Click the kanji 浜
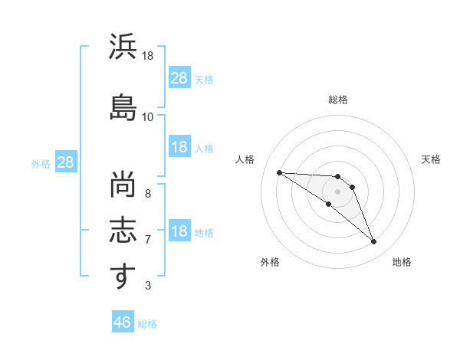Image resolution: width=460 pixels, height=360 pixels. coord(123,46)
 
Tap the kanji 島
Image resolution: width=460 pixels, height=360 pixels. coord(123,107)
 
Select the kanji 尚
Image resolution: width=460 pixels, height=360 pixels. coord(123,185)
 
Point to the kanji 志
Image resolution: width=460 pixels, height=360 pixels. coord(123,230)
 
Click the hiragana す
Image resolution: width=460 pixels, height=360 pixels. coord(123,276)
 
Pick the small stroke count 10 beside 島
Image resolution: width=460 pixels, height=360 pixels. coord(147,117)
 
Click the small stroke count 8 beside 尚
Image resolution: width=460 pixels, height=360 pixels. coord(148,194)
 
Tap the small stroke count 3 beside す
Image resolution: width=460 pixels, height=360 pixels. coord(148,285)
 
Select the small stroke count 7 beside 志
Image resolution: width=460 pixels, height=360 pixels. coord(148,240)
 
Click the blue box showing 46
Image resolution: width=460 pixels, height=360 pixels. coord(123,321)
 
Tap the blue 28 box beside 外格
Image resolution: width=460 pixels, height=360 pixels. coord(66,162)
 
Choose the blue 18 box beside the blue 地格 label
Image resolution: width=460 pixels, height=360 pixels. coord(180,230)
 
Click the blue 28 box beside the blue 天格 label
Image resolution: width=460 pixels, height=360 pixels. coord(180,77)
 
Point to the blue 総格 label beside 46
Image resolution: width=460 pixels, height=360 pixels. coord(147,324)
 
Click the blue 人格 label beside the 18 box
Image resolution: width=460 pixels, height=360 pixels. coord(204,149)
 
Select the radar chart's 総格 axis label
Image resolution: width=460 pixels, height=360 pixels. coord(338,100)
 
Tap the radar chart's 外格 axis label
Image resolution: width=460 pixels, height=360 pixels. coord(270,262)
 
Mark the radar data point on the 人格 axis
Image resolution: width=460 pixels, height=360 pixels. coord(280,172)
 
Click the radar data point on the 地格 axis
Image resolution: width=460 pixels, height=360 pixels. coord(374,241)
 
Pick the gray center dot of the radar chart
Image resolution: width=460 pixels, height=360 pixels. coord(337,191)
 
